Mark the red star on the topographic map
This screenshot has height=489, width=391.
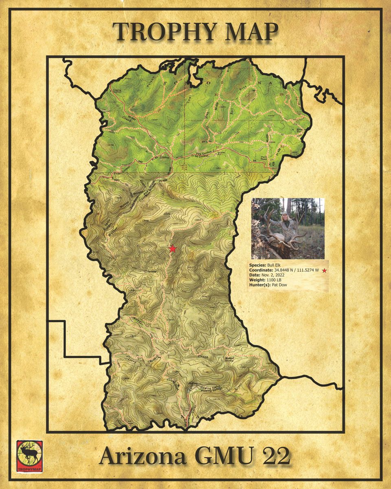point(173,248)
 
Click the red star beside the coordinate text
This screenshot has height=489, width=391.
point(324,270)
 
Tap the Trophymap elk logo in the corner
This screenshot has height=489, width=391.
point(29,456)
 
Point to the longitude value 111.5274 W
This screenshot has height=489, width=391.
point(306,270)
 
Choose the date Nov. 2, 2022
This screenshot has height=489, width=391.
point(273,275)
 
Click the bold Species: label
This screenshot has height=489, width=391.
point(257,265)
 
